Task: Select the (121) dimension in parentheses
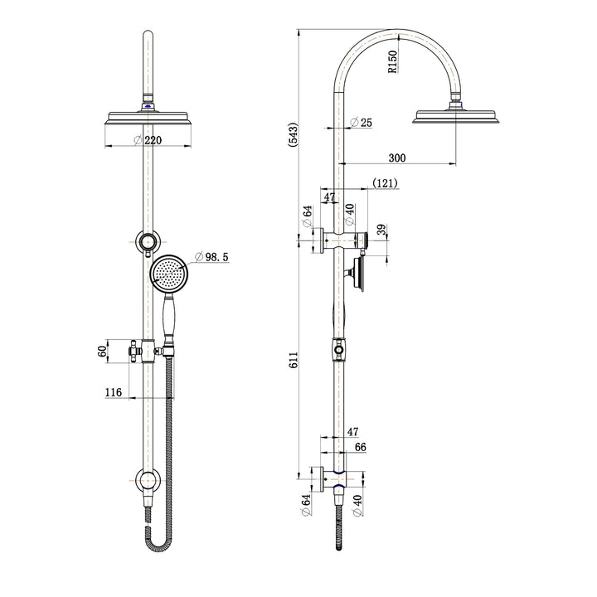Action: pyautogui.click(x=385, y=182)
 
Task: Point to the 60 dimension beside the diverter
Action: pyautogui.click(x=103, y=352)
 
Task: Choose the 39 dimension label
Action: pyautogui.click(x=381, y=230)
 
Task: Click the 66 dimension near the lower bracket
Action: pyautogui.click(x=360, y=447)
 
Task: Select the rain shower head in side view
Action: pyautogui.click(x=457, y=116)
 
